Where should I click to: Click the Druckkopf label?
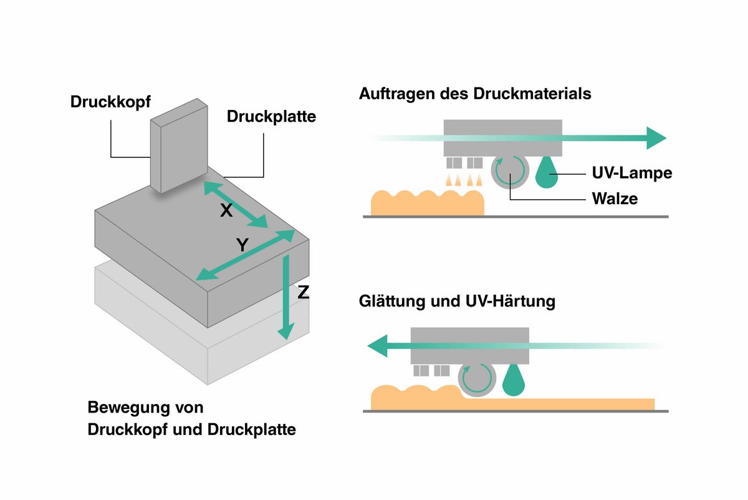(x=110, y=102)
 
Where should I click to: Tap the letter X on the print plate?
(x=226, y=211)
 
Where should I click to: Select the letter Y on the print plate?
(x=242, y=246)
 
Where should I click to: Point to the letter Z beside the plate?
(x=304, y=292)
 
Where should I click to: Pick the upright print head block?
(x=179, y=147)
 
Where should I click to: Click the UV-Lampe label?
(x=631, y=173)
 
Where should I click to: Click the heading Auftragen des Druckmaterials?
(x=475, y=95)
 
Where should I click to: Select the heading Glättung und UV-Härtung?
(x=457, y=301)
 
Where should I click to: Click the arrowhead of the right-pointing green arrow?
(x=656, y=138)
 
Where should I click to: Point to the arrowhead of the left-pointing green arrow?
(x=378, y=344)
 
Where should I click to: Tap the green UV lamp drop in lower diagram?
(x=513, y=380)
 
